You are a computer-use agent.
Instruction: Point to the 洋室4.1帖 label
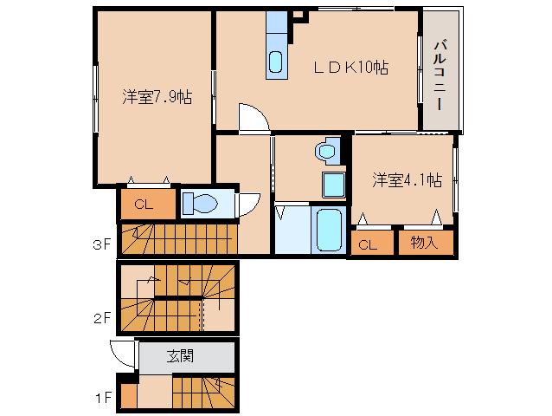point(407,180)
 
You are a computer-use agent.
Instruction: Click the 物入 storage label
point(425,244)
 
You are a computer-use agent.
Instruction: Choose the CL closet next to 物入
point(368,244)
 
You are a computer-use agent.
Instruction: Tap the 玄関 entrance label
point(180,354)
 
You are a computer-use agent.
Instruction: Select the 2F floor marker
point(102,317)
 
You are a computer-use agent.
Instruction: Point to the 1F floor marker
point(102,399)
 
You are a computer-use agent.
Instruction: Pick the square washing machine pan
point(334,184)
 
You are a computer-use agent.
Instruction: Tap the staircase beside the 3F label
point(177,237)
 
